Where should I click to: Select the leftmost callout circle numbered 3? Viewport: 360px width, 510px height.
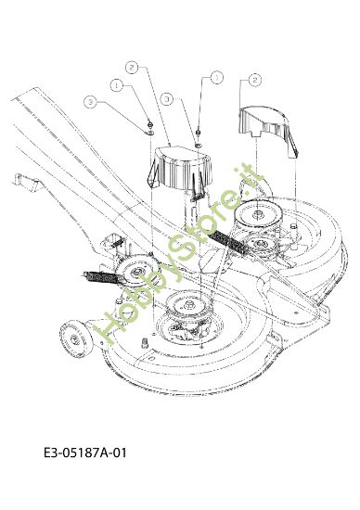click(x=91, y=100)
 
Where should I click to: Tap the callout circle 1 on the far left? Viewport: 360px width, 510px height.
click(x=118, y=83)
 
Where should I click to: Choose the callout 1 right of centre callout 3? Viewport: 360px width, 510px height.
click(x=217, y=78)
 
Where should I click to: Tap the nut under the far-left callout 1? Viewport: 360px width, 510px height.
click(x=149, y=121)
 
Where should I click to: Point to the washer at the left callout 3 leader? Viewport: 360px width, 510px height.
click(x=149, y=129)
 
